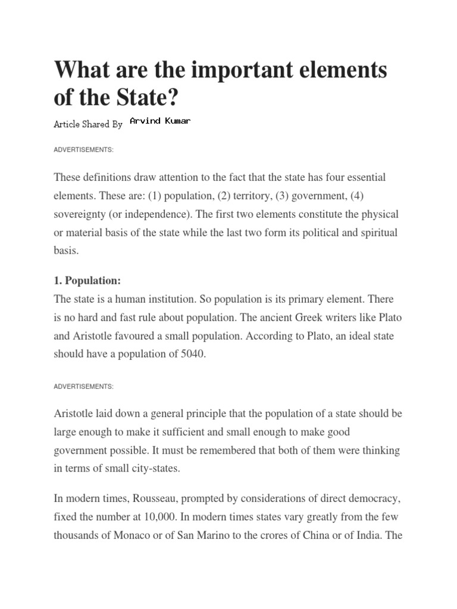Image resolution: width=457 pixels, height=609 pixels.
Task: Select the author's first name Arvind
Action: click(x=146, y=121)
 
